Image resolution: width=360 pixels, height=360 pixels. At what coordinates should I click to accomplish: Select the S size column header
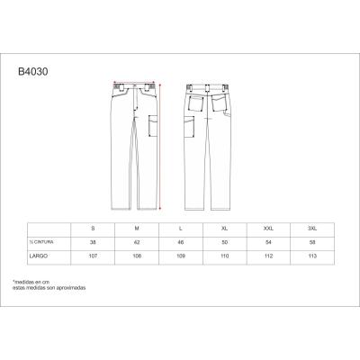93,229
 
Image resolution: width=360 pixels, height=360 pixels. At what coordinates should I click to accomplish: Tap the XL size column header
226,229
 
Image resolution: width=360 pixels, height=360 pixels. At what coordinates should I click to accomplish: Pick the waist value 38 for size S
93,243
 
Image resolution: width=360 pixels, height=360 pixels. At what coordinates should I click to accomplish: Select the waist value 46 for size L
182,243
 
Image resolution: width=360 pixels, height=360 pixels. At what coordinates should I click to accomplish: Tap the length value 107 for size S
93,256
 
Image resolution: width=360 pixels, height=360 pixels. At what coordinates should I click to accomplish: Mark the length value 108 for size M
138,256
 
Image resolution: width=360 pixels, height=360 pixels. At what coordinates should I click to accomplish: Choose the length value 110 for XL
226,256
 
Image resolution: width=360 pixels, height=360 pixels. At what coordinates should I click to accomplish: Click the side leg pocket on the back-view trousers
191,125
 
